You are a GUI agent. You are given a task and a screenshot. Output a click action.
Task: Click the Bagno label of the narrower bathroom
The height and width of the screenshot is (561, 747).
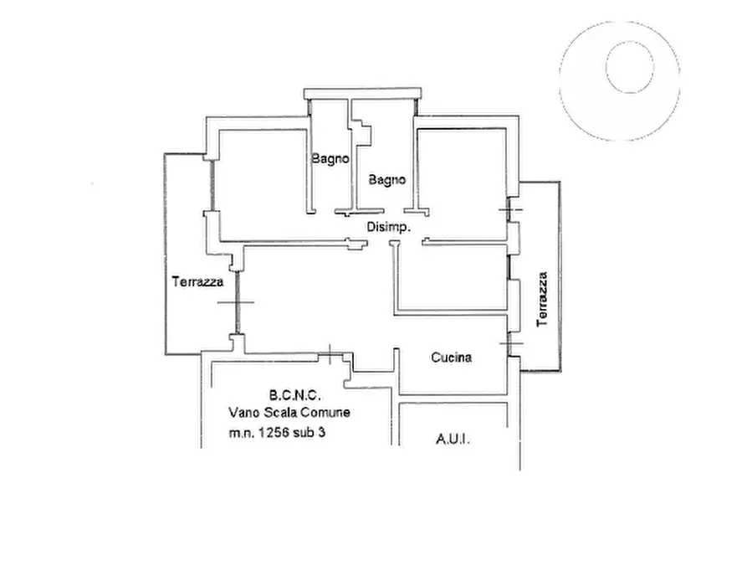pyautogui.click(x=330, y=159)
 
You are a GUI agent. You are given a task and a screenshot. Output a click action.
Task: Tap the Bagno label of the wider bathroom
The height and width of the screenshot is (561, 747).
pyautogui.click(x=386, y=180)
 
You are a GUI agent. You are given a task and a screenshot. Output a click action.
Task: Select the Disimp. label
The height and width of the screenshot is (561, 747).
pyautogui.click(x=389, y=227)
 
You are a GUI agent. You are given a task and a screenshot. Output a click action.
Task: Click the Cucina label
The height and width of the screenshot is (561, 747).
pyautogui.click(x=451, y=358)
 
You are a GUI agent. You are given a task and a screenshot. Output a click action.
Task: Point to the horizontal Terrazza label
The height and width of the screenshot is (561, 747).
pyautogui.click(x=197, y=282)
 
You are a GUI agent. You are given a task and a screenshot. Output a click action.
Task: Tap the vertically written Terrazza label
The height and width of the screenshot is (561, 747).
pyautogui.click(x=542, y=299)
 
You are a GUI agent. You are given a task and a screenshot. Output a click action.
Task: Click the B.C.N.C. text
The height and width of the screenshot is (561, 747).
pyautogui.click(x=295, y=395)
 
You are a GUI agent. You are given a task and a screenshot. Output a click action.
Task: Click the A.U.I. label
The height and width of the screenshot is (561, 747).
pyautogui.click(x=453, y=439)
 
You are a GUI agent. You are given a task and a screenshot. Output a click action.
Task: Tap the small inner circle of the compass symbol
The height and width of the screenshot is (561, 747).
pyautogui.click(x=630, y=67)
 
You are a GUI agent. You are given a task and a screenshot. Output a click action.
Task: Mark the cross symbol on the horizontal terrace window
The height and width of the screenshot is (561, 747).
pyautogui.click(x=236, y=302)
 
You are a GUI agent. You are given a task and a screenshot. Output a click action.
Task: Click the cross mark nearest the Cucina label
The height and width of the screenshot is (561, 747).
pyautogui.click(x=511, y=342)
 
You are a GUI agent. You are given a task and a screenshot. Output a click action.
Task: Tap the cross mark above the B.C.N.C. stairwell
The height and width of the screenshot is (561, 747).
pyautogui.click(x=330, y=353)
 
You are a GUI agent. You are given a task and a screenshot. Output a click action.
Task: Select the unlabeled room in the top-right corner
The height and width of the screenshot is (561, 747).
pyautogui.click(x=462, y=183)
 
